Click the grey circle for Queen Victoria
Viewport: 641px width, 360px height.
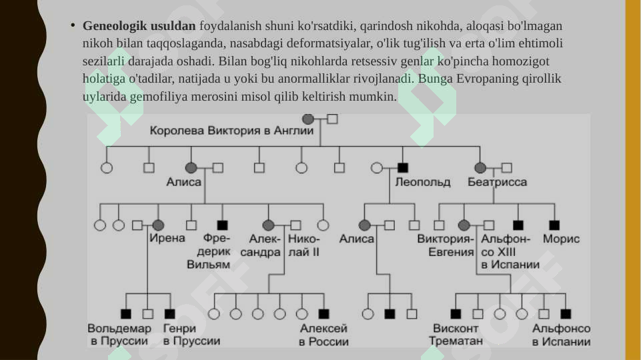coord(308,119)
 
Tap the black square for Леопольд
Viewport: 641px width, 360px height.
coord(403,167)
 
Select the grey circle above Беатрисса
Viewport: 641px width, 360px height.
coord(480,167)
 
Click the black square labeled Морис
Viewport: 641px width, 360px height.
coord(554,225)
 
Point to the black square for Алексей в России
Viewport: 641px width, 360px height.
coord(324,314)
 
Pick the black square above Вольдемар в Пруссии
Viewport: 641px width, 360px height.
coord(126,314)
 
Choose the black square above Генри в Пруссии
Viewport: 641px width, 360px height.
coord(169,314)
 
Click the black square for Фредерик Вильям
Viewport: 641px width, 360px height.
coord(222,225)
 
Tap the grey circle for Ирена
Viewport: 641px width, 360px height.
coord(158,225)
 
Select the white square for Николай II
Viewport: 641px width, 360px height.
coord(295,225)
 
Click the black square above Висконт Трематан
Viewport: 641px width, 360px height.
coord(456,314)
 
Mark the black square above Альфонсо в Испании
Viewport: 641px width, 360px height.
coord(566,314)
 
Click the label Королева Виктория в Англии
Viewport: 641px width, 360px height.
coord(231,131)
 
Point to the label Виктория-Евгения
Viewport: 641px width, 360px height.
coord(446,245)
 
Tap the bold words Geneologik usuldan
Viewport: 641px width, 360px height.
coord(139,26)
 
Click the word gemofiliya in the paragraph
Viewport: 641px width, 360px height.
coord(159,97)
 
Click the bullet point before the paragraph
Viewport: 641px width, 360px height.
coord(73,25)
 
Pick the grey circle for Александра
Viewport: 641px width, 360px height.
coord(268,225)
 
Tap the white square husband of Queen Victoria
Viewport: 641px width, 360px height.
coord(332,119)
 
